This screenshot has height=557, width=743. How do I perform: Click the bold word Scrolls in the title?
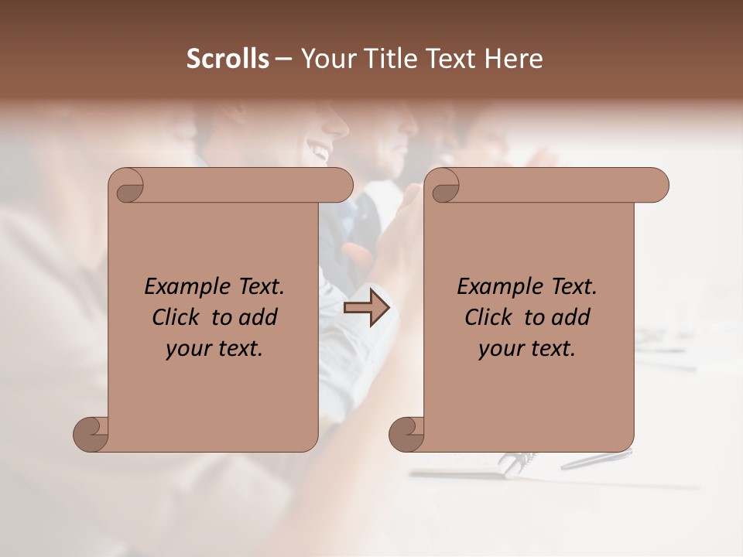228,59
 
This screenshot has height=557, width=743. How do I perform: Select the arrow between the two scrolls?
366,308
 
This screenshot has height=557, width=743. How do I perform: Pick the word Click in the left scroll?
177,317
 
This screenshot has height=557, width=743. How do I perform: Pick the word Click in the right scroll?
490,317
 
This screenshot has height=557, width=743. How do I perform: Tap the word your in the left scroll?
187,349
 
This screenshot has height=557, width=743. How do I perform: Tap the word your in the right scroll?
500,349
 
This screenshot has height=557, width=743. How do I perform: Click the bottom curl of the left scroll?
91,434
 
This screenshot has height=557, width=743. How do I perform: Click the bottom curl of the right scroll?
407,434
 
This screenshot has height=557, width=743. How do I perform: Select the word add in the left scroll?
259,317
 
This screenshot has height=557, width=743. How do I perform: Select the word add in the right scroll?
572,317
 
